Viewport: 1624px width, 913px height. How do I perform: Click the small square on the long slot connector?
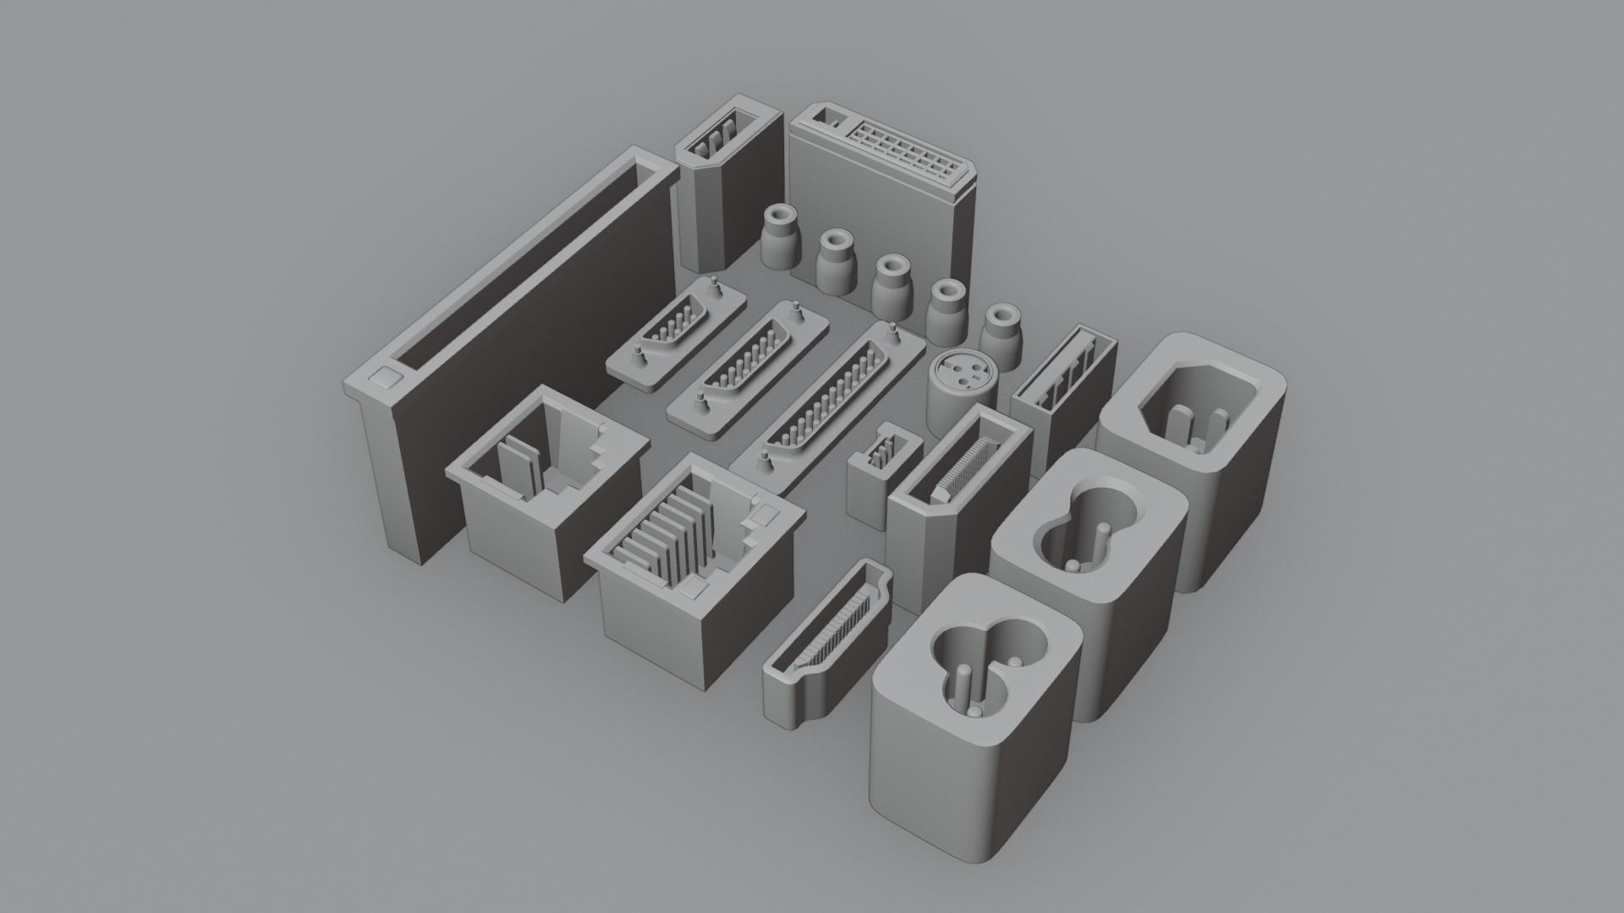[385, 376]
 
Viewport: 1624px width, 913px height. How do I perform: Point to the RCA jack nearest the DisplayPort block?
[779, 237]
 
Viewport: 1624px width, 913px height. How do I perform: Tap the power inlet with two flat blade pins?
[1193, 414]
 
